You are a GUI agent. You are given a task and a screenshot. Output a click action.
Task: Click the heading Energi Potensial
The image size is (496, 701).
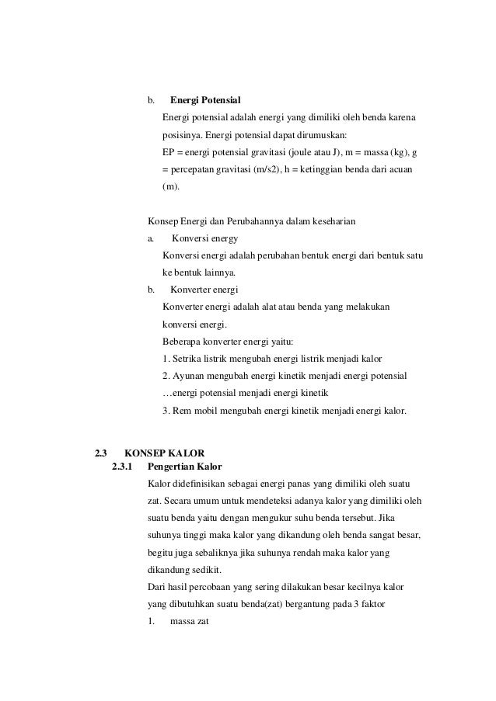[x=205, y=101]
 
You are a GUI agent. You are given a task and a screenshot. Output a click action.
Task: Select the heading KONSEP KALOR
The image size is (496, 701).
[x=164, y=453]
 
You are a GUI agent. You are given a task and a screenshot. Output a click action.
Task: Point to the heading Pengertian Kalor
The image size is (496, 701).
[x=184, y=467]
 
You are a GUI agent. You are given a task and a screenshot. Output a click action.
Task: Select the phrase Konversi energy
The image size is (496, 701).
[x=204, y=238]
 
